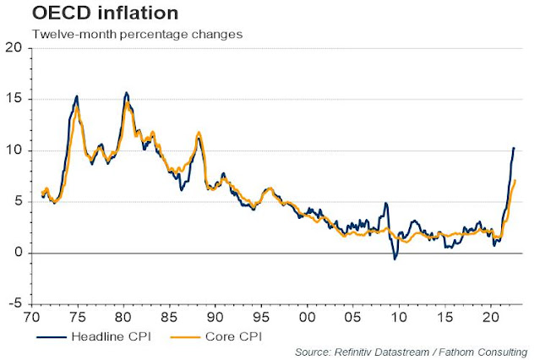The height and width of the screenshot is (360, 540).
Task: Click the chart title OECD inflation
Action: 81,14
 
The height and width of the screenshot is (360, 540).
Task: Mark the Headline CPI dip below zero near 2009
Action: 395,259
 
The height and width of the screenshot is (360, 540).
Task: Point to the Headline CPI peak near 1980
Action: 126,92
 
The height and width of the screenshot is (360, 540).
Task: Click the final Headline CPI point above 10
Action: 513,148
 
